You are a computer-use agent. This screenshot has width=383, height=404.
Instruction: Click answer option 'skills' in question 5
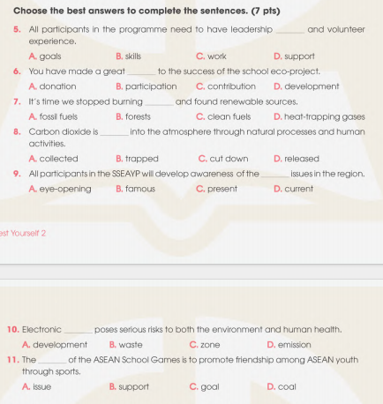point(133,56)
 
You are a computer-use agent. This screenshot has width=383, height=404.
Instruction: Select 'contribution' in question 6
point(229,86)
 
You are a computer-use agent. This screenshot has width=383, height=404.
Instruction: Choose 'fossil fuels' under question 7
point(58,116)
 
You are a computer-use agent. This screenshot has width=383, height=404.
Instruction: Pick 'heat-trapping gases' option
point(324,116)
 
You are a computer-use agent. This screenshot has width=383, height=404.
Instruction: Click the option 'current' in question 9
point(299,189)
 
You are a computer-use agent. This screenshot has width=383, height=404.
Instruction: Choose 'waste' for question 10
point(130,344)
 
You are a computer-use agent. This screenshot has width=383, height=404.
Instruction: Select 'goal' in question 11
point(209,386)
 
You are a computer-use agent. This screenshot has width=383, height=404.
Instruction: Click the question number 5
point(18,30)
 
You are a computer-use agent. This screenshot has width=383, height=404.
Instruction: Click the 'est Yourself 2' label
point(23,234)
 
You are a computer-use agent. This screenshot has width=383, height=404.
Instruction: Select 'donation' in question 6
point(57,86)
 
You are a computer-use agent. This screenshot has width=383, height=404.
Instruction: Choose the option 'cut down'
point(227,159)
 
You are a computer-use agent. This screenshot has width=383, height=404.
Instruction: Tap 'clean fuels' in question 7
point(228,116)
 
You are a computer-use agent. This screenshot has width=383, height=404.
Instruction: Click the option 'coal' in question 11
point(286,386)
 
